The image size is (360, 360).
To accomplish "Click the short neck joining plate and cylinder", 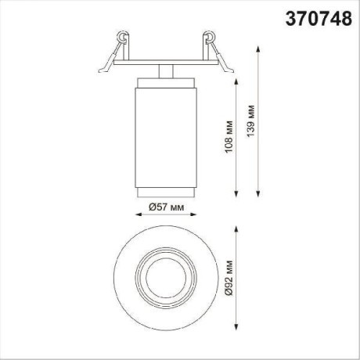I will [164, 70].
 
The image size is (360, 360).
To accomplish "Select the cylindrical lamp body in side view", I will [164, 129].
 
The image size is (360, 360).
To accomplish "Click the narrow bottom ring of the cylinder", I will [164, 192].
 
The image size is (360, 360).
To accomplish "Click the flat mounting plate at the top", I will [164, 60].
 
